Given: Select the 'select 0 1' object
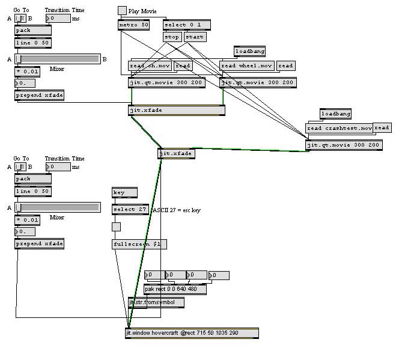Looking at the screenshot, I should [187, 25].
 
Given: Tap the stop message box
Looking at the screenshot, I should [172, 37].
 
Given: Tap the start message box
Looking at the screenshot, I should [194, 37].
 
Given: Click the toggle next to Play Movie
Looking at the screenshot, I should [122, 10].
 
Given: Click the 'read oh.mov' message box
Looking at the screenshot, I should [150, 66].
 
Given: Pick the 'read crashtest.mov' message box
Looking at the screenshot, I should [339, 128].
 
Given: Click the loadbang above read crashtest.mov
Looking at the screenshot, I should [335, 114].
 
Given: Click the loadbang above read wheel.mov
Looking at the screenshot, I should [249, 51].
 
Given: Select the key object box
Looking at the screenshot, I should [124, 192].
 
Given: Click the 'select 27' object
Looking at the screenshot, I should [130, 209].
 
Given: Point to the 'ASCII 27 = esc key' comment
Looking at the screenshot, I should [175, 210].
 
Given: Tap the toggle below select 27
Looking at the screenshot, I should [116, 227].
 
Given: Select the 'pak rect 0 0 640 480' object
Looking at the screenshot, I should [175, 289].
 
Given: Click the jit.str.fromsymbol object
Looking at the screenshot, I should [156, 302].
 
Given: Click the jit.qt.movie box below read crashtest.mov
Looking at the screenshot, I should [343, 145].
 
